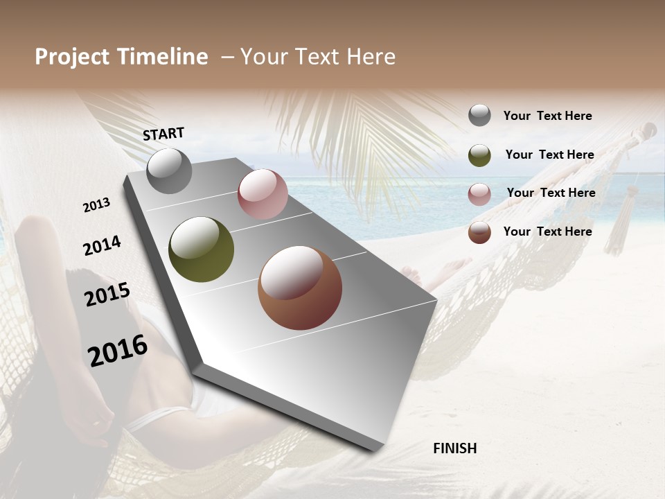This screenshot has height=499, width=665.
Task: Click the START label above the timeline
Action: [163, 134]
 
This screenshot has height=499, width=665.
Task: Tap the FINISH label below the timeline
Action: [455, 448]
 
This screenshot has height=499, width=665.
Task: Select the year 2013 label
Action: [96, 205]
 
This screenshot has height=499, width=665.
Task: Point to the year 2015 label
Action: [107, 295]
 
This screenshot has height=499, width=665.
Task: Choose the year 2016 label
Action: [118, 351]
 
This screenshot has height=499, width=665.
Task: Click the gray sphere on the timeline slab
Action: [169, 170]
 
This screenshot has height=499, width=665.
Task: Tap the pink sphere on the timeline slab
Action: [263, 194]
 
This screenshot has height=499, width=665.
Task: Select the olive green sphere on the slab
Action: [201, 249]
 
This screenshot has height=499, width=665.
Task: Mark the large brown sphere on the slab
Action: [300, 288]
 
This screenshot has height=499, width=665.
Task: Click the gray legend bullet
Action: [479, 116]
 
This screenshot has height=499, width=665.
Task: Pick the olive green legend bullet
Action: [479, 155]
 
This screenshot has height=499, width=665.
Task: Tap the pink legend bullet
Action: [479, 194]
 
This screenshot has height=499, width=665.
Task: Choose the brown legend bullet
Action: [479, 232]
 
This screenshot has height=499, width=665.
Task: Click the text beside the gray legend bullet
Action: [547, 116]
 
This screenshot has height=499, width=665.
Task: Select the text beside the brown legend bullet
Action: [547, 231]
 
